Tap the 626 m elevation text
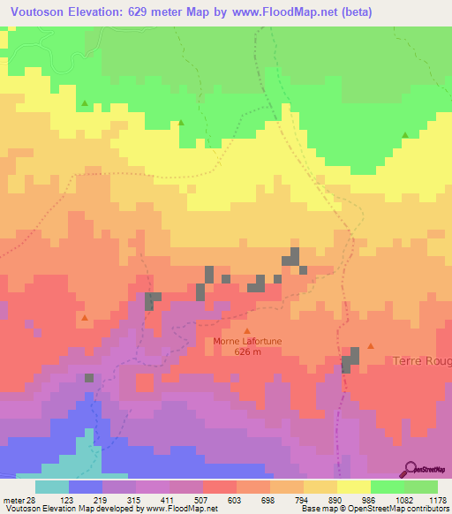[x=247, y=351]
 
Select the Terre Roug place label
[x=422, y=361]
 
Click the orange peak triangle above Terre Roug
[x=371, y=345]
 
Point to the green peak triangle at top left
[x=85, y=103]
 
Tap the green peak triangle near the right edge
[x=405, y=134]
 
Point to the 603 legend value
[x=236, y=499]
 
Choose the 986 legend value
[x=370, y=499]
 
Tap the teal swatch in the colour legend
[x=51, y=487]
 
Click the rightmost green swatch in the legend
[x=420, y=487]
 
